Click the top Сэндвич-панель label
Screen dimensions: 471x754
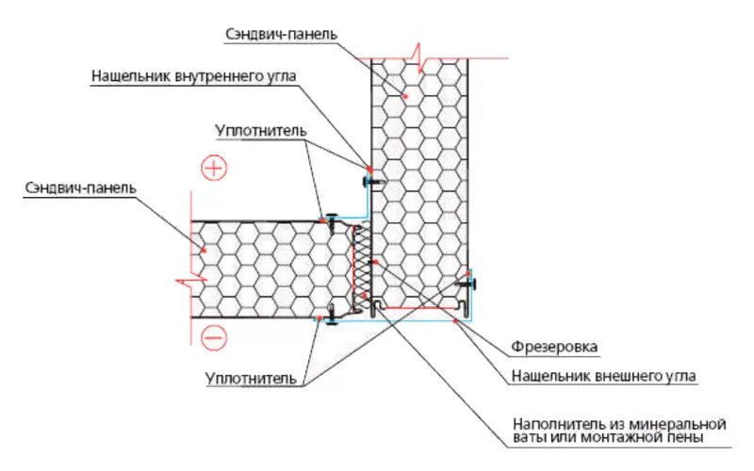pos(281,34)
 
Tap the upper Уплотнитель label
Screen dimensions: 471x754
pos(259,129)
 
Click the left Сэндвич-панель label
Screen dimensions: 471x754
pos(81,187)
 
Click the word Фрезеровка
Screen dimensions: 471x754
pos(554,347)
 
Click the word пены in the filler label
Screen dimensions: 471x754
pos(682,438)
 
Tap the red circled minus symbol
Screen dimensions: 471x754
pos(214,335)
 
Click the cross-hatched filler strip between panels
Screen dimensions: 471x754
pos(359,268)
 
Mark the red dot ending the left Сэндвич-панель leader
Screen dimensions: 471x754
pos(202,248)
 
